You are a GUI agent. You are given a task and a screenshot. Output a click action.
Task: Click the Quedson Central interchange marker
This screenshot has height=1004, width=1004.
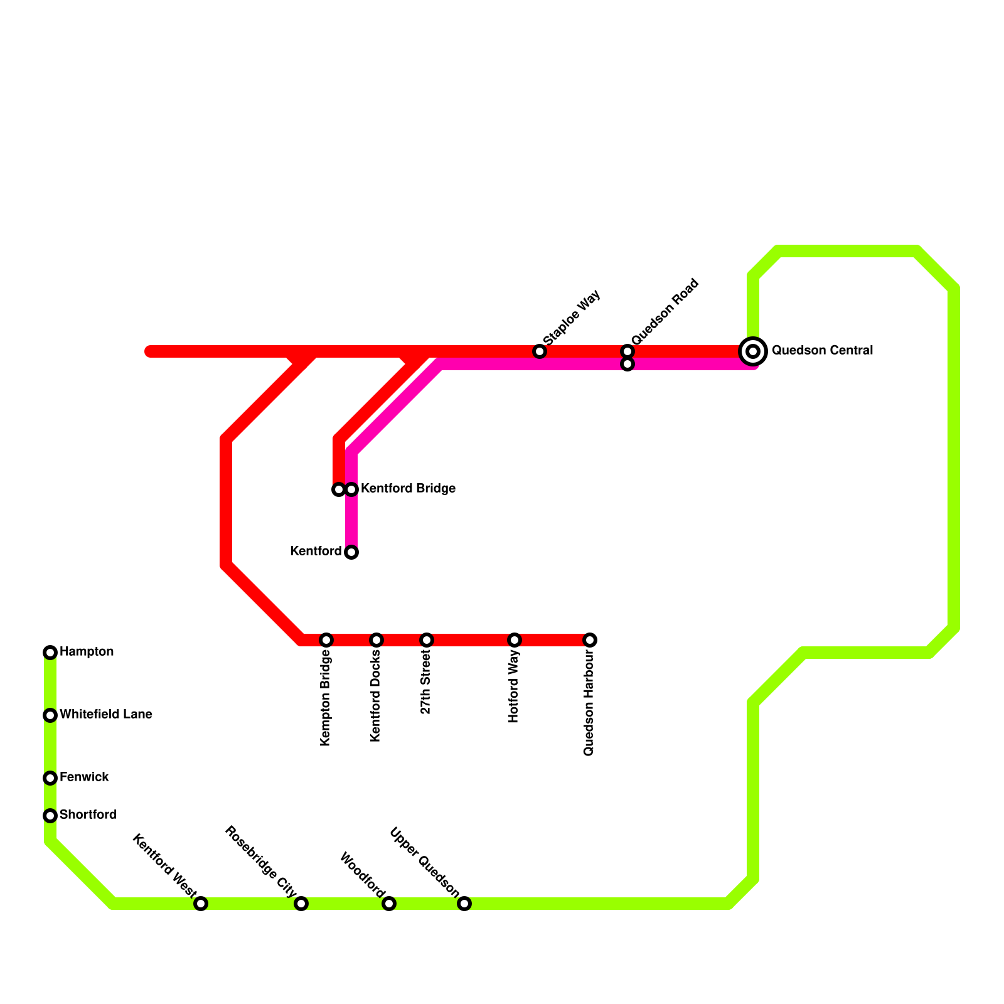[x=753, y=351]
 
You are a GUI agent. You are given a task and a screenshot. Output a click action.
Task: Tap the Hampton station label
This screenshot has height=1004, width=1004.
[x=87, y=652]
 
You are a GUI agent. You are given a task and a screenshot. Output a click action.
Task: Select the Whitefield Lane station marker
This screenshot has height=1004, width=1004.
[x=50, y=715]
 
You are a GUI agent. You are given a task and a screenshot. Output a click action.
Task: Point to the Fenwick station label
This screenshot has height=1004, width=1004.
[x=84, y=777]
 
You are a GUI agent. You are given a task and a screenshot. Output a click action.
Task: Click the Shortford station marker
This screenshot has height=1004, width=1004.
[x=50, y=816]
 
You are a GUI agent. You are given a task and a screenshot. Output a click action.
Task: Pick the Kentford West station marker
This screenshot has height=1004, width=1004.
[x=201, y=904]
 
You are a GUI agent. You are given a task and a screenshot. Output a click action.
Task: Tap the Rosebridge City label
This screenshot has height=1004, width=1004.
[x=260, y=862]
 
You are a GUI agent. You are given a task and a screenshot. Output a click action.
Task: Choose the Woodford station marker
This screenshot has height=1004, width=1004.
[x=389, y=904]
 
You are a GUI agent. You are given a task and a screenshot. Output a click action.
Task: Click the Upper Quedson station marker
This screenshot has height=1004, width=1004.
[x=464, y=904]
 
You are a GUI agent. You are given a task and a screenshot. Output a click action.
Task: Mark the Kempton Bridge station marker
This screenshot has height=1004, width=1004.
[x=326, y=640]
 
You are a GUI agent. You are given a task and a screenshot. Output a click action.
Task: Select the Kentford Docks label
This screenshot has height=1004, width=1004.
[x=376, y=696]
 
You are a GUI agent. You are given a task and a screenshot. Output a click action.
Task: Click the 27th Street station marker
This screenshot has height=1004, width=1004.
[x=427, y=640]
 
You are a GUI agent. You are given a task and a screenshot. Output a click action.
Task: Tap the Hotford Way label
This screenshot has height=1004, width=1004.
[x=515, y=687]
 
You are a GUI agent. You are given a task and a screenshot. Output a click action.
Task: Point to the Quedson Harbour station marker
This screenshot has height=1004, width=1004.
[x=590, y=640]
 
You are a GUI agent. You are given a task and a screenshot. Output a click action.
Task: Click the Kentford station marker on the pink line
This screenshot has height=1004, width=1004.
[x=351, y=552]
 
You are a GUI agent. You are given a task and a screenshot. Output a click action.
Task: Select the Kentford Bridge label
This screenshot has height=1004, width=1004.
[x=408, y=489]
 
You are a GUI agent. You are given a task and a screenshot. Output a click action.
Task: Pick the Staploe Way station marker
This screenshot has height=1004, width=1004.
[x=540, y=351]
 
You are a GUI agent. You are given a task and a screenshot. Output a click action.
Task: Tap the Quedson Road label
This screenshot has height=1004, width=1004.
[x=665, y=311]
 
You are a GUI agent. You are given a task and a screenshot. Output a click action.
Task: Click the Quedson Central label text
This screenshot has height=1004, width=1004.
[x=822, y=351]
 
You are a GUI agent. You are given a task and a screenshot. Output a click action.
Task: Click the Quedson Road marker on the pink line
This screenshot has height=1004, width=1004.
[x=627, y=364]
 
